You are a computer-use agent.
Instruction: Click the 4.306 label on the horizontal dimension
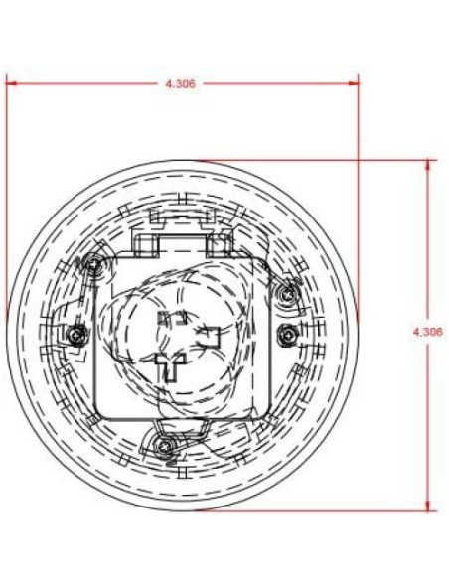(181, 84)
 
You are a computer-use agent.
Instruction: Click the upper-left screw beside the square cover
(93, 266)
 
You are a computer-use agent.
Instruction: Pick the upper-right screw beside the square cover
(289, 293)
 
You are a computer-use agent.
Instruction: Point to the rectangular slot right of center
(211, 336)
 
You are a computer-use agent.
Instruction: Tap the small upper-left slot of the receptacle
(166, 318)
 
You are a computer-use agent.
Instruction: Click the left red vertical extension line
(6, 199)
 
